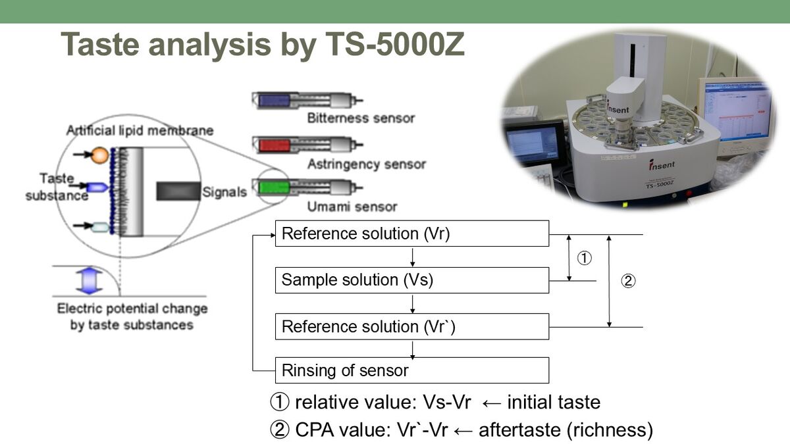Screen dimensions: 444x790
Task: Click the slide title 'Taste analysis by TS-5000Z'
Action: coord(263,44)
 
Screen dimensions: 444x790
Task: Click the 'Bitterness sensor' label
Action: coord(361,118)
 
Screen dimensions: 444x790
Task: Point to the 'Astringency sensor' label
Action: coord(366,164)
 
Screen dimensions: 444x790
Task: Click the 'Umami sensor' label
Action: coord(352,207)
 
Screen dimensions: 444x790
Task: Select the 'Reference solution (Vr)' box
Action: coord(411,234)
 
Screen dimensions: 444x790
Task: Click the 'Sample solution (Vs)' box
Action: coord(411,280)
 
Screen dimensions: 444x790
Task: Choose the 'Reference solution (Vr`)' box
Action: coord(411,326)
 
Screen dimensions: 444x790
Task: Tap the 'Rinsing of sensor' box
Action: coord(411,370)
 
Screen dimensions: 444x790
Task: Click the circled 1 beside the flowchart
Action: coord(584,259)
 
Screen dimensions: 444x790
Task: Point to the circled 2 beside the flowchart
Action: coord(628,282)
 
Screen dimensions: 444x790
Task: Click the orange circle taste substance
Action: coord(99,155)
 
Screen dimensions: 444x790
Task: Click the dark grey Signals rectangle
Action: coord(178,191)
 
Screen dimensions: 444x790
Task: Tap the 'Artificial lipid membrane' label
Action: coord(140,130)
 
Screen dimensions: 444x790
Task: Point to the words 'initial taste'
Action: coord(554,402)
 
